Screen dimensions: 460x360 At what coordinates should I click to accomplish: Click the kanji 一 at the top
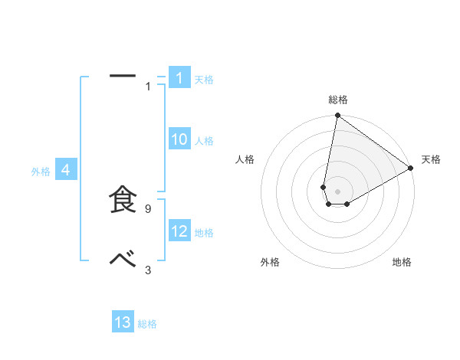click(123, 76)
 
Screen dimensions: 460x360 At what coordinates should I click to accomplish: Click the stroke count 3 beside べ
click(148, 270)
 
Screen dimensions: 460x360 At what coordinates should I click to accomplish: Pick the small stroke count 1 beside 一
click(148, 87)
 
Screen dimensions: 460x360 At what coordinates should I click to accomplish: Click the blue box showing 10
click(179, 139)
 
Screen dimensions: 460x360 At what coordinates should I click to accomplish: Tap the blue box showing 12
click(179, 231)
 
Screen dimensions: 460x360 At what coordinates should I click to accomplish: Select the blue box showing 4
click(66, 170)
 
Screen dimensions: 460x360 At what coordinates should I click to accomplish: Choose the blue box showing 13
click(123, 322)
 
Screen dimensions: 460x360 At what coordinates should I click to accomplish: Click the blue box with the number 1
click(179, 78)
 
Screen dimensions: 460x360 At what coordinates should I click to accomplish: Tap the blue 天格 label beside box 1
click(204, 79)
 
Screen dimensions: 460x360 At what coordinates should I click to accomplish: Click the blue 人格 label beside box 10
click(204, 141)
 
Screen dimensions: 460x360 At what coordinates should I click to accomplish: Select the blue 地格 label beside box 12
click(204, 233)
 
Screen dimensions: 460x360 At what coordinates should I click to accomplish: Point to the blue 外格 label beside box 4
click(41, 172)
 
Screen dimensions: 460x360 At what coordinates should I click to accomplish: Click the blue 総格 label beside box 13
click(147, 324)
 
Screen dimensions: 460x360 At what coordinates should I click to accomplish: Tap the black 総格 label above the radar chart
click(338, 100)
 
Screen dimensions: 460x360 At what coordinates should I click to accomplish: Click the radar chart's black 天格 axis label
click(432, 159)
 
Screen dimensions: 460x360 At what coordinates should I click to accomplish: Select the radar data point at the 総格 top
click(338, 116)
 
